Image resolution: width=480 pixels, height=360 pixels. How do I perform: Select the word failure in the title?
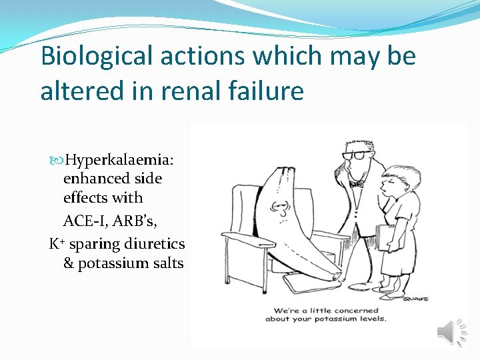[269, 90]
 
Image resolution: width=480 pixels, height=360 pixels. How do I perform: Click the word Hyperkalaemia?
[120, 161]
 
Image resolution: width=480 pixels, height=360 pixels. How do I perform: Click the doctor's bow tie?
[357, 183]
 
